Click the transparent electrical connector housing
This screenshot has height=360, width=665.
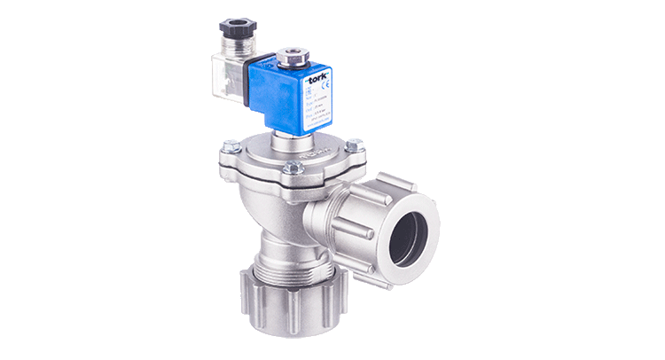tap(230, 78)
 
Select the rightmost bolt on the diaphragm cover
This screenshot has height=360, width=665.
tap(354, 146)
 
